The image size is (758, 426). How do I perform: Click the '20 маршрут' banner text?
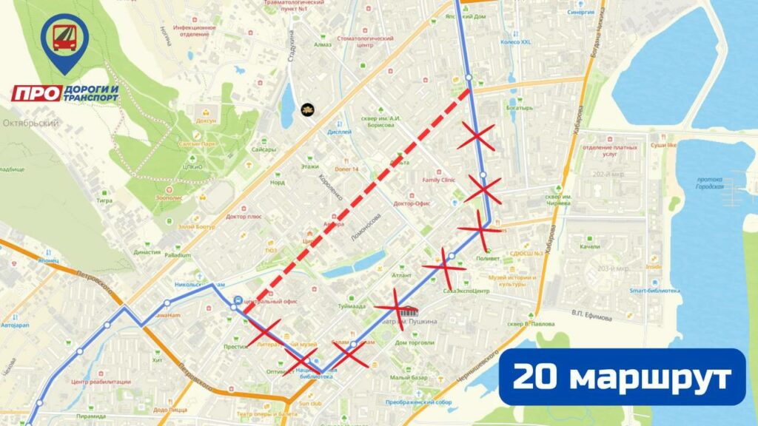point(622,377)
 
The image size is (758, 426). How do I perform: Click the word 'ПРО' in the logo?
point(36,93)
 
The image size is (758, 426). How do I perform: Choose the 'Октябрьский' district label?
point(31,123)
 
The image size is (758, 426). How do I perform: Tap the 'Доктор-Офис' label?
point(412,203)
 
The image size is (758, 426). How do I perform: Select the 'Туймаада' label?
point(352,306)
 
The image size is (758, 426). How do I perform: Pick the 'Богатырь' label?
point(520,108)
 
